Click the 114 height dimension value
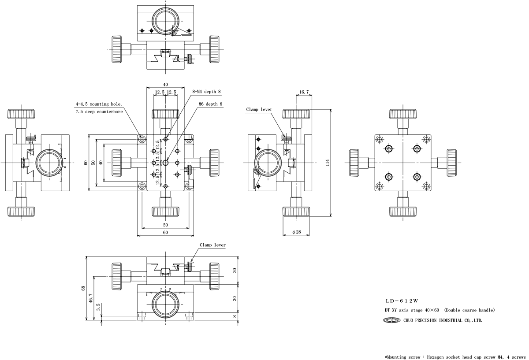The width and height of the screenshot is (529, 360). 327,163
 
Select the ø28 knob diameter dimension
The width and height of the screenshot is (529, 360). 297,232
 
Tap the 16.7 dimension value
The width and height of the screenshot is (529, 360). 304,92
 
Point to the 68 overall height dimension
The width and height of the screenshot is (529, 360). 83,288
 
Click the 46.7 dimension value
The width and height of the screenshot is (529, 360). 91,298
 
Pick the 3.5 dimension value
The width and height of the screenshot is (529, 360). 98,307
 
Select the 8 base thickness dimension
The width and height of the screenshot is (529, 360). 235,316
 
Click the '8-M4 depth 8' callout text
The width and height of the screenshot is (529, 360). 206,92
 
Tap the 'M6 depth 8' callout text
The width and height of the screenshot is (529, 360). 210,104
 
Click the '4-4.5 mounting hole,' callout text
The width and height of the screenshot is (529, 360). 99,104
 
